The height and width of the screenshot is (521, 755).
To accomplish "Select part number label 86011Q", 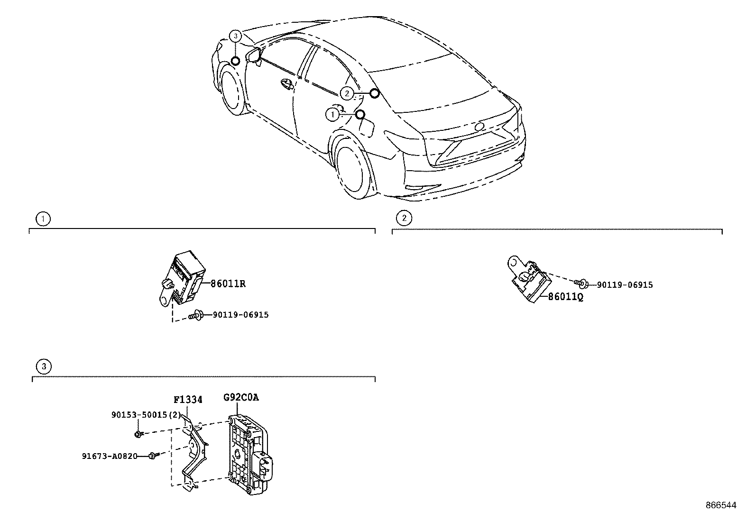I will click(565, 297).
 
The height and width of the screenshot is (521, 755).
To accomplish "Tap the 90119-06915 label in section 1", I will click(240, 315).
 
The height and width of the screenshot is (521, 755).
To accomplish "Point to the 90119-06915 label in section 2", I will click(625, 285).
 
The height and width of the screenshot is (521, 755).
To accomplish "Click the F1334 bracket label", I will click(187, 400).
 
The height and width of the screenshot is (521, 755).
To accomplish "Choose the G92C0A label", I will click(241, 397).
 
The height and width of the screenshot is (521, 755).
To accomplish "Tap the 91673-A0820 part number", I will click(110, 456).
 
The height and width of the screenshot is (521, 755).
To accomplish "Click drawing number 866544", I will click(720, 505).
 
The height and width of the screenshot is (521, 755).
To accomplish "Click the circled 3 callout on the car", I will click(236, 36).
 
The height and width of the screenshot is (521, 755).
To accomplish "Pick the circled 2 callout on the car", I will click(347, 93).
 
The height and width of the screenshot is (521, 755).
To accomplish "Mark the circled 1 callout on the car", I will click(333, 114).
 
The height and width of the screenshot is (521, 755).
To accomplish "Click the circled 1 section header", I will click(43, 219).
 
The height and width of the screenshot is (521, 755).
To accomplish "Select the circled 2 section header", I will click(404, 218).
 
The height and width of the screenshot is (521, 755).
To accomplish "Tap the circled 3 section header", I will click(43, 366).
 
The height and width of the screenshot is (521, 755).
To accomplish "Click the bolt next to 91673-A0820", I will click(152, 456).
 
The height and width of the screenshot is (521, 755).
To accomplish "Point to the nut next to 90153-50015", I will click(138, 433).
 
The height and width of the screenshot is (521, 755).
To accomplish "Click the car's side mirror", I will click(254, 54).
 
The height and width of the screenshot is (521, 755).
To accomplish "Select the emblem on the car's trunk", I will click(479, 127).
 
